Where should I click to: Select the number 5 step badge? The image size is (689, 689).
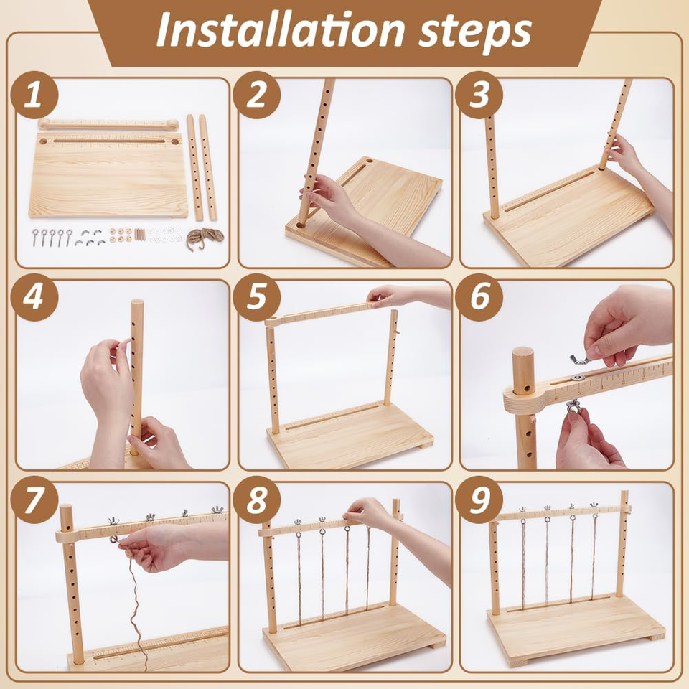tap(257, 298)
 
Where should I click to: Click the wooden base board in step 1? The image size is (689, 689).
tap(108, 176)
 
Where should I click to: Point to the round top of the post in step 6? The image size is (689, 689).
tap(524, 357)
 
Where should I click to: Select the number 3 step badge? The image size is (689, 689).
tap(479, 95)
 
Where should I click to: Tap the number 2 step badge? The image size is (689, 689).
tap(257, 95)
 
